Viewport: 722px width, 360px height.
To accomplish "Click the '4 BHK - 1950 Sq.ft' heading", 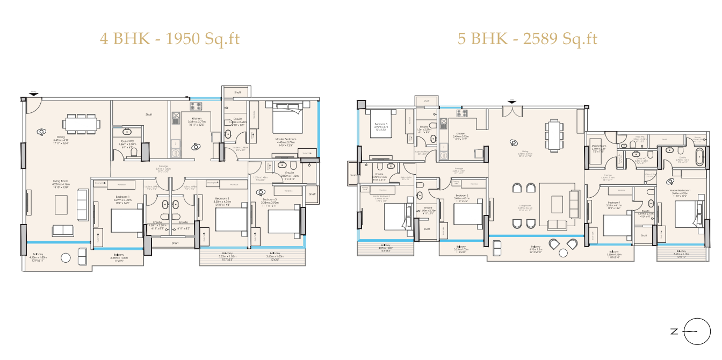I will [170, 39].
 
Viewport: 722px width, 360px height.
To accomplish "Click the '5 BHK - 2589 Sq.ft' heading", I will [527, 39].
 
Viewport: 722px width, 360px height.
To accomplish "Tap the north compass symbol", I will [696, 331].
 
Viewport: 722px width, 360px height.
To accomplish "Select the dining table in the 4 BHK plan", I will [81, 124].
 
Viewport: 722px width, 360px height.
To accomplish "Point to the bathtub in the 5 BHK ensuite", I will [699, 158].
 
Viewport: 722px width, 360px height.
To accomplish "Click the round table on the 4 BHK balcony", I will [66, 257].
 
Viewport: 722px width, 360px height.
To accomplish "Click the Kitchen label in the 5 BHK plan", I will [461, 135].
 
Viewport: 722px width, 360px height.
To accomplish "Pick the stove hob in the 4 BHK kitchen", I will [195, 106].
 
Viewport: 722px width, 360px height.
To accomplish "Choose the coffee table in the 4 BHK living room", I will [62, 204].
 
